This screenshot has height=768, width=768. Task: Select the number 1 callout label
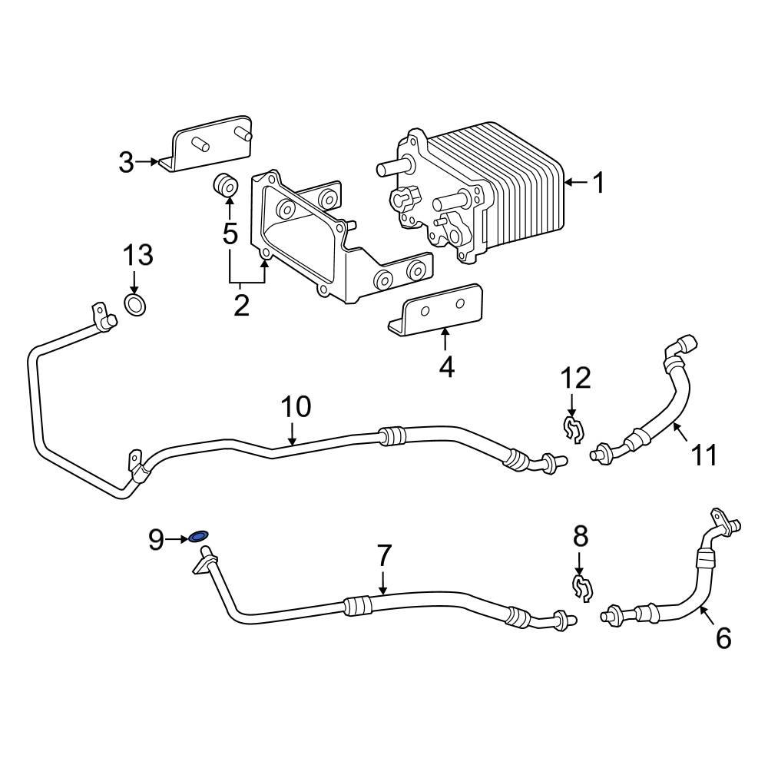(598, 183)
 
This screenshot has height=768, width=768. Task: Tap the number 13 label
(139, 255)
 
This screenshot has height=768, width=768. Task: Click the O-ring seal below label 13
(134, 305)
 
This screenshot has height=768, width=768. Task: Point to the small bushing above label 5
(225, 186)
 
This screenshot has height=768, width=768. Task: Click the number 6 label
(723, 637)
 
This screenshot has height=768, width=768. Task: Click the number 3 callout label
(126, 162)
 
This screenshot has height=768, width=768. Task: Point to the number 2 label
(241, 305)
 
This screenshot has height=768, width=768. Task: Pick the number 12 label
(575, 378)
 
